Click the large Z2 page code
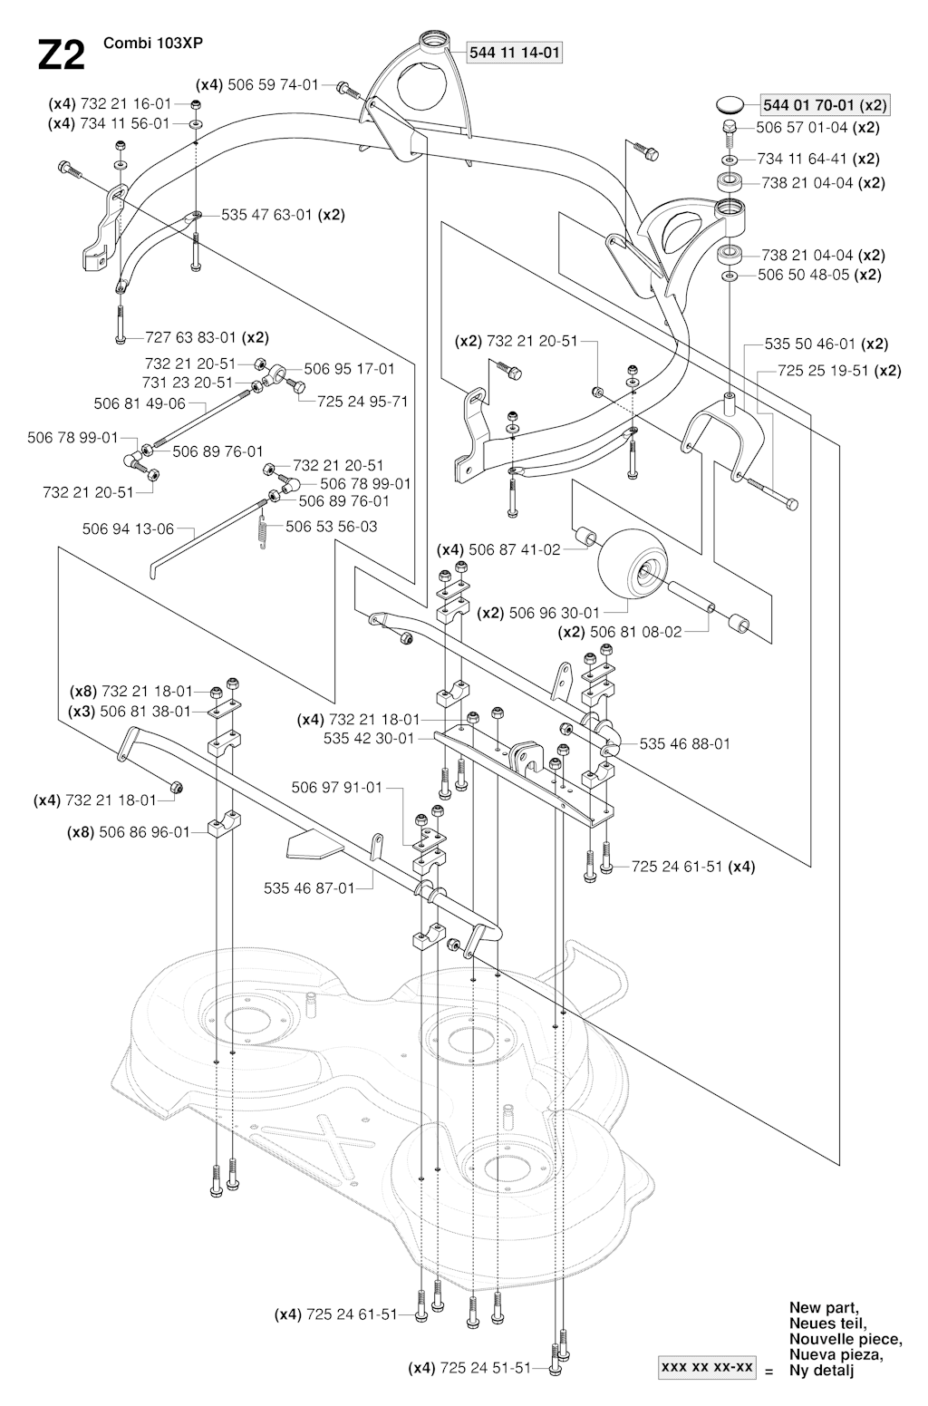click(61, 56)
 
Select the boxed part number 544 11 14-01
click(514, 53)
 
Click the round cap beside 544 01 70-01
click(730, 103)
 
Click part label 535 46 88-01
click(684, 744)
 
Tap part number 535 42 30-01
click(368, 738)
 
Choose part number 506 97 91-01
click(336, 787)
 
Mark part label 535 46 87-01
click(309, 888)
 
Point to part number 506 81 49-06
click(140, 403)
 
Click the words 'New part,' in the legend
click(824, 1307)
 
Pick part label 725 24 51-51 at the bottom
click(485, 1368)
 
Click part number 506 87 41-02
click(513, 549)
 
